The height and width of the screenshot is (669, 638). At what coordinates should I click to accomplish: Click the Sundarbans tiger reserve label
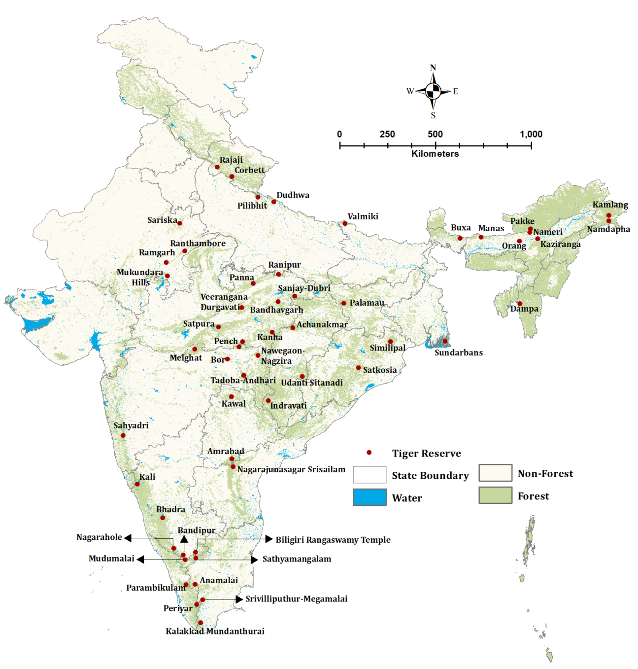tap(458, 352)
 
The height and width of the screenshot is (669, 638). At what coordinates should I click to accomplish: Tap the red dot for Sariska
tap(180, 223)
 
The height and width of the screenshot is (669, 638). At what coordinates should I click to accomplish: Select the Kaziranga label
tap(560, 244)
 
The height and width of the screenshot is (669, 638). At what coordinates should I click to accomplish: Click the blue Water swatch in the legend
tap(369, 497)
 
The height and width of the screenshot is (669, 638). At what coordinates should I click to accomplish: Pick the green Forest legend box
tap(495, 495)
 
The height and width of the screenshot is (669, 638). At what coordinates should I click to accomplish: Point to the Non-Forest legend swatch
tap(495, 473)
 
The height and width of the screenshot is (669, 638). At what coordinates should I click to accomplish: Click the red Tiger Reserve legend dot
tap(369, 453)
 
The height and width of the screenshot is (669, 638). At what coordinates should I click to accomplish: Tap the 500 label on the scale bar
tap(435, 134)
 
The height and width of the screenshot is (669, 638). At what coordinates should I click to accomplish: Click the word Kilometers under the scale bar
tap(435, 154)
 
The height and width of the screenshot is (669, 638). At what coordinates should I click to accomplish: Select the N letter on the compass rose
tap(433, 68)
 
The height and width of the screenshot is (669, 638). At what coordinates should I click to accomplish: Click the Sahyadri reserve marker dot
tap(123, 435)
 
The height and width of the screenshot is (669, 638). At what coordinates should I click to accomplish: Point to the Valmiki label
tap(363, 216)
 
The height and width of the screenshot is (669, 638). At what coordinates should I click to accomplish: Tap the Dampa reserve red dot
tap(519, 304)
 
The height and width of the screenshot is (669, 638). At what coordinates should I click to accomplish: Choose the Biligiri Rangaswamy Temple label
tap(333, 540)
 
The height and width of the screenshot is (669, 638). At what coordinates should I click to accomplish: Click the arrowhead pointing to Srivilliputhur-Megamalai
tap(239, 599)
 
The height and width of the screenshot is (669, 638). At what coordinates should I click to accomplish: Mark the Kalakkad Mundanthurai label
tap(215, 631)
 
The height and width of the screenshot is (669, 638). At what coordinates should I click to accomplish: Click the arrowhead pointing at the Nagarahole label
tap(128, 538)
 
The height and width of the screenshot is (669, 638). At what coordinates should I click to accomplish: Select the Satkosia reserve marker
tap(359, 368)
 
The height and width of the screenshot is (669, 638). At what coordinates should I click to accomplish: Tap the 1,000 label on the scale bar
tap(531, 134)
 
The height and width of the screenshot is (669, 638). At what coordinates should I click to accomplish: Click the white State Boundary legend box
tap(369, 475)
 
